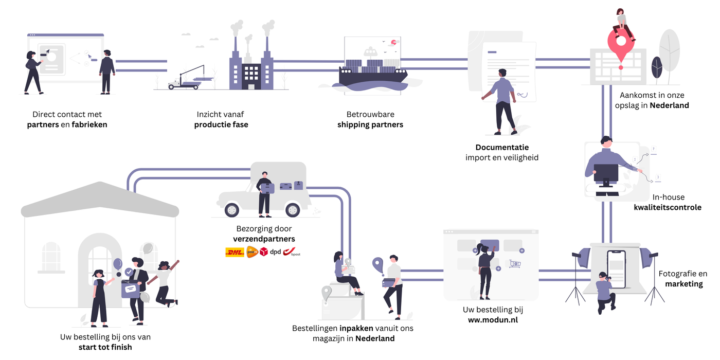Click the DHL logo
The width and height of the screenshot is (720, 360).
[x=235, y=252]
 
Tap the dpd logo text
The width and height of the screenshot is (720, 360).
[x=276, y=252]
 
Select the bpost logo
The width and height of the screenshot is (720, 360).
[x=292, y=252]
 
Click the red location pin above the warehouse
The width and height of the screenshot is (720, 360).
[x=621, y=41]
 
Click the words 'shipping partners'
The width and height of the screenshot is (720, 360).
[x=370, y=124]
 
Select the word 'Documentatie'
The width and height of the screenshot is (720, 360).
[x=502, y=148]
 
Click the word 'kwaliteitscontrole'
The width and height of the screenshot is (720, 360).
[x=668, y=208]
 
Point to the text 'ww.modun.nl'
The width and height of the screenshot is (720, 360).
[x=493, y=320]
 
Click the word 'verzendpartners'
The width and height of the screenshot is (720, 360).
[x=264, y=239]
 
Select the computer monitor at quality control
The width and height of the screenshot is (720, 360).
[x=606, y=173]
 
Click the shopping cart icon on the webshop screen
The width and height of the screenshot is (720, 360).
[x=515, y=264]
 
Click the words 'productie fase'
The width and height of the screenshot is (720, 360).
[x=221, y=124]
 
